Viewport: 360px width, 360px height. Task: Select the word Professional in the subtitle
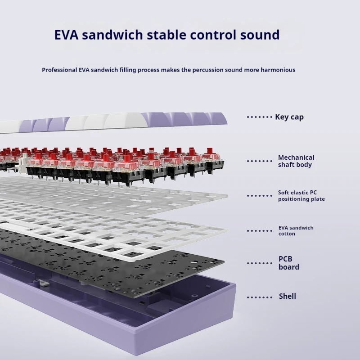click(61, 70)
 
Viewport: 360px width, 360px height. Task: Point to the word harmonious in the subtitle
click(277, 70)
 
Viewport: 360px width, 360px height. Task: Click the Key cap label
click(289, 117)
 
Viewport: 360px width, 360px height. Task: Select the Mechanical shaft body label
click(296, 161)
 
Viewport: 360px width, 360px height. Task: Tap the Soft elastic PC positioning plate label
click(301, 196)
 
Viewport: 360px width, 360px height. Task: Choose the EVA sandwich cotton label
click(296, 231)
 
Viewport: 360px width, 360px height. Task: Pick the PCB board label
click(288, 263)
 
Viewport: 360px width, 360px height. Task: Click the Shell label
click(287, 297)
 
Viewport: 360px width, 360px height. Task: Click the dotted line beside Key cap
click(259, 117)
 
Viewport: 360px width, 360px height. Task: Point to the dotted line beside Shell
click(259, 297)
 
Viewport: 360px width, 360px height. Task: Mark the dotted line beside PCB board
click(259, 263)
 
